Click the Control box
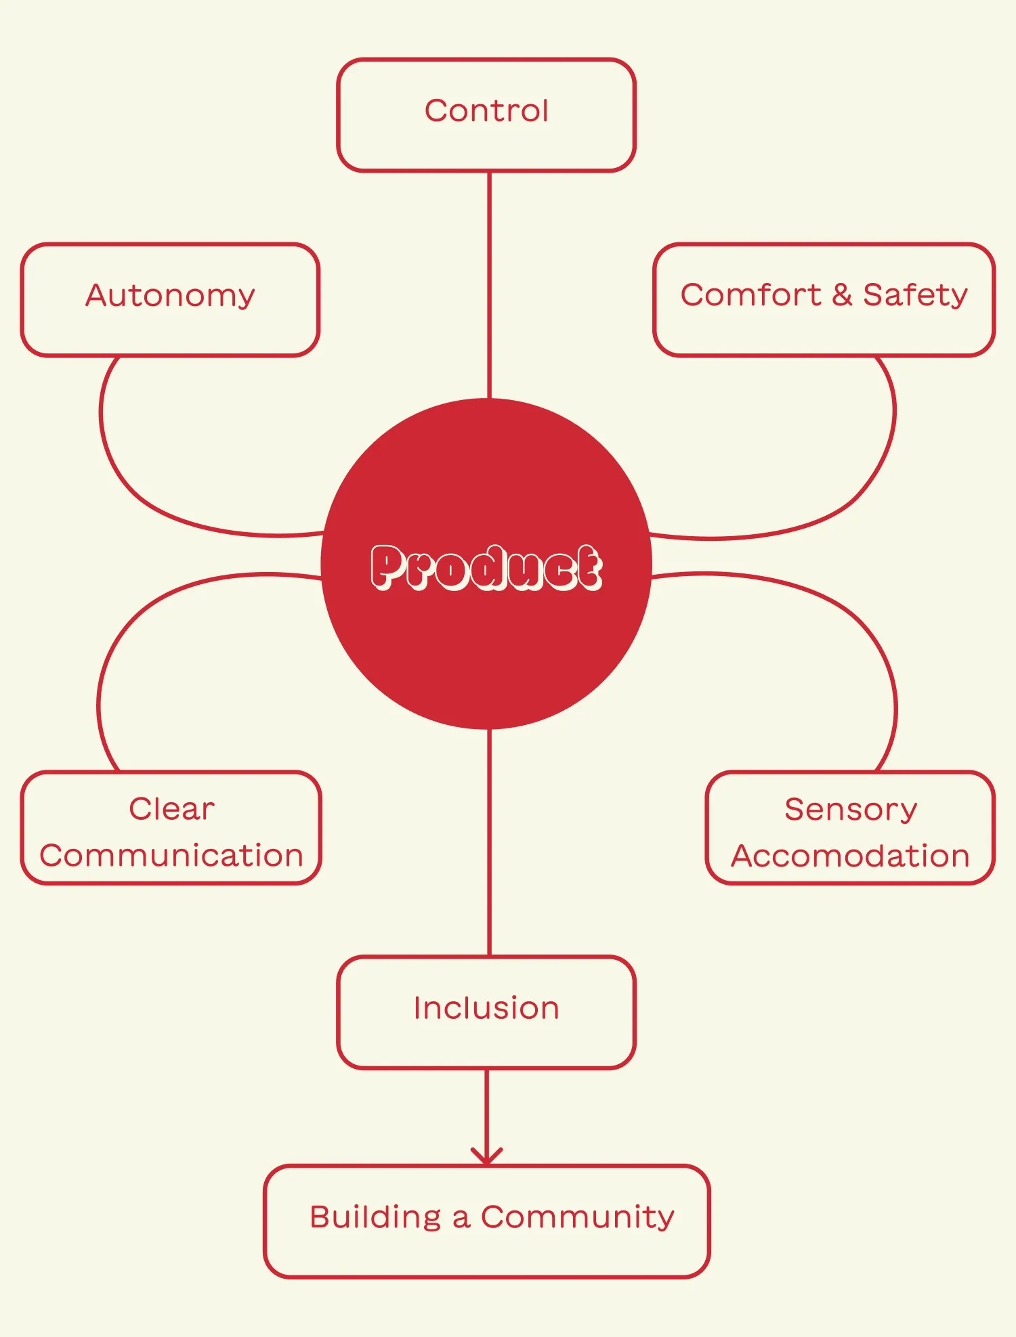click(x=486, y=114)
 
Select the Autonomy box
click(x=170, y=299)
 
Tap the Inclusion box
click(x=486, y=1012)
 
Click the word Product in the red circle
click(x=486, y=567)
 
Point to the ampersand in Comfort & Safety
click(x=841, y=295)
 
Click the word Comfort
click(x=750, y=295)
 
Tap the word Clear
click(x=172, y=809)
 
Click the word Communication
click(x=171, y=856)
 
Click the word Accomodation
click(x=851, y=856)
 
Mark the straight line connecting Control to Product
click(x=489, y=284)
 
